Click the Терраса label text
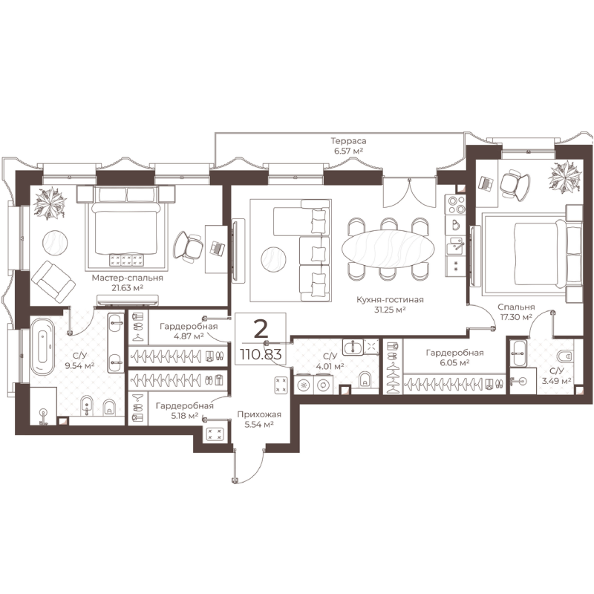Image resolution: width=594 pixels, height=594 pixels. point(348,141)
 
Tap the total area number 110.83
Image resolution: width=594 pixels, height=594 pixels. point(261,355)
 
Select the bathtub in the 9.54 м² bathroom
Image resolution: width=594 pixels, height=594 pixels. point(42,346)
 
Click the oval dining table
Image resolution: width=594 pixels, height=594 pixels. point(386,249)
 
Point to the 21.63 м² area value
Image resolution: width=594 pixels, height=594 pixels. point(127,288)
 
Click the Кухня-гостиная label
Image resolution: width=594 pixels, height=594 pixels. point(391,300)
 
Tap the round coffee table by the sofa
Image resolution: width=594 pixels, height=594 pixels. point(273,259)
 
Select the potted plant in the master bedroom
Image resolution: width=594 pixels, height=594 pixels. point(50,202)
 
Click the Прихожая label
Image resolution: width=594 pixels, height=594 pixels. point(259,414)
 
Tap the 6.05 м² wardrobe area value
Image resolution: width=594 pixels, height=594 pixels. point(454,362)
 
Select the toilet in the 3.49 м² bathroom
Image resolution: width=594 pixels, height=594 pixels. point(564,356)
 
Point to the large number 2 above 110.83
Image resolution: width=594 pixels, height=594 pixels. point(261,329)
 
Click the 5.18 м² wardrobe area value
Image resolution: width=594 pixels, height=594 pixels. point(185,416)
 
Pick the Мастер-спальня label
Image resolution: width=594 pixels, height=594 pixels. point(127,278)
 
